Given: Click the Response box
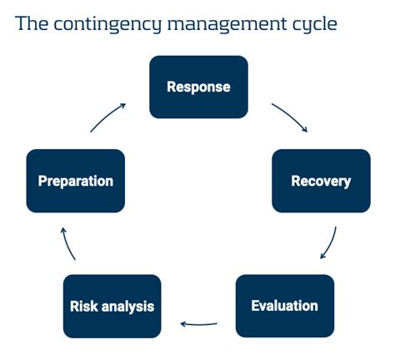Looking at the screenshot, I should [198, 87].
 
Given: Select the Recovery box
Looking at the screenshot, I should [321, 181].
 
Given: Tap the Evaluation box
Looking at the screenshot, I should [285, 306].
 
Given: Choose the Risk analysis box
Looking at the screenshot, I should [112, 306].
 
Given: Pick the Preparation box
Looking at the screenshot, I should [75, 181].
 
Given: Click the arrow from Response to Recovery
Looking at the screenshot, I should [290, 118].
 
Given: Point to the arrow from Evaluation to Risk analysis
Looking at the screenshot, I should [200, 323].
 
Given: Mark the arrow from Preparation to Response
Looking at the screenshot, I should [108, 117].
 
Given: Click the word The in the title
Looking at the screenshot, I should [32, 23].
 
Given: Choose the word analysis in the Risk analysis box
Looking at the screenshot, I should [127, 306].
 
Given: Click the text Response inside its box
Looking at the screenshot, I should [198, 87].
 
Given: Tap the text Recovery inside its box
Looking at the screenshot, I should [321, 181].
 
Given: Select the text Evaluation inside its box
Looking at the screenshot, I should [285, 306].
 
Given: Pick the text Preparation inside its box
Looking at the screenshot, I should [75, 181].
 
